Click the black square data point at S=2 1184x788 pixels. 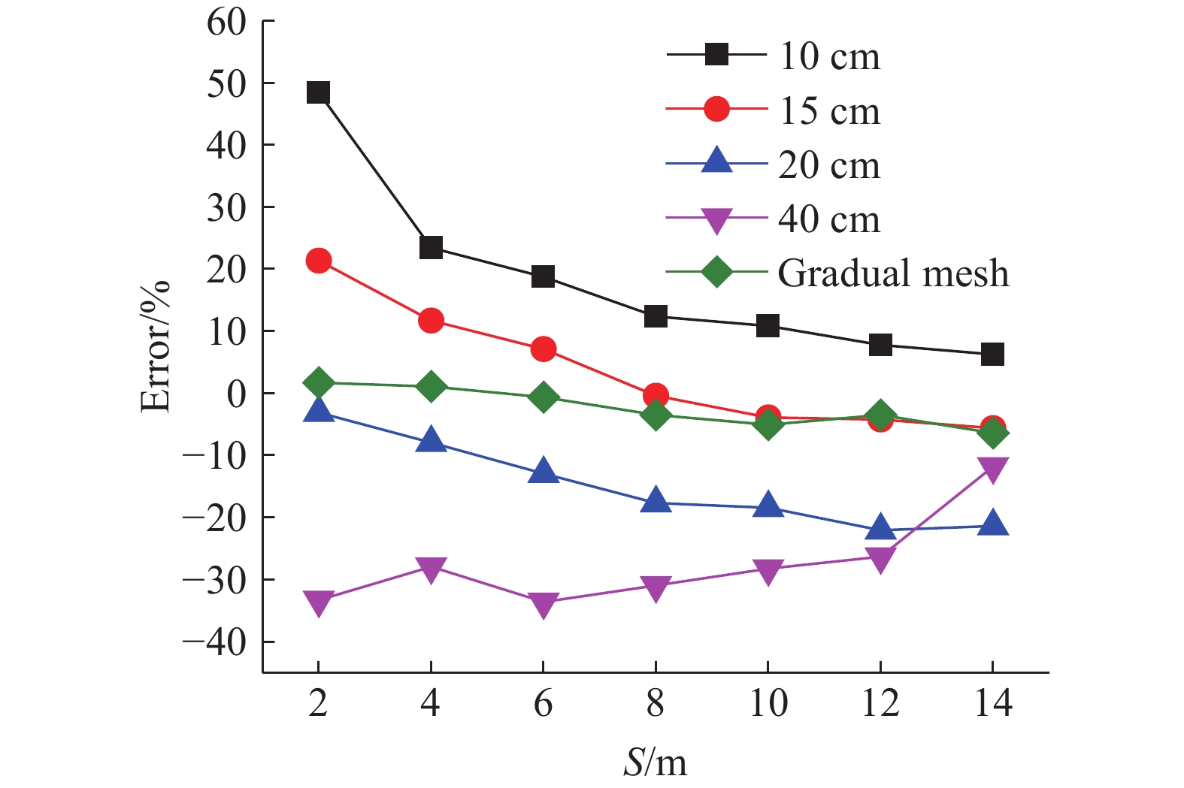click(318, 93)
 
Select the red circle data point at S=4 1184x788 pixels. click(431, 321)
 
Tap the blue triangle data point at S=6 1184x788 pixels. click(543, 472)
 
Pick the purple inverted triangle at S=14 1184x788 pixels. click(992, 469)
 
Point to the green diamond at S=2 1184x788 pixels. click(318, 382)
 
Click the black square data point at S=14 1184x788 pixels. click(992, 354)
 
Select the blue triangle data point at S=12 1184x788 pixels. click(880, 529)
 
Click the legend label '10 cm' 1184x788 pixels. click(829, 56)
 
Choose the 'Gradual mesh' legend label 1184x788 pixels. click(893, 273)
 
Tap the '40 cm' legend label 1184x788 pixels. click(829, 219)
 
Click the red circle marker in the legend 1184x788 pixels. click(716, 110)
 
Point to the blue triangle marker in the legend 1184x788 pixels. click(716, 162)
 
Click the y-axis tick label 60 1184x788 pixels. click(226, 22)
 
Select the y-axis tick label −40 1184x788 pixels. click(215, 642)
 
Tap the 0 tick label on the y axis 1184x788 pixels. click(236, 394)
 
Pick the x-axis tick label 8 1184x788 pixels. click(655, 704)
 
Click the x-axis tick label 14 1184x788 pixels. click(992, 704)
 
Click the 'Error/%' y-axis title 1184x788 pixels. click(156, 347)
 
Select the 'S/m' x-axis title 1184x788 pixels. click(655, 762)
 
